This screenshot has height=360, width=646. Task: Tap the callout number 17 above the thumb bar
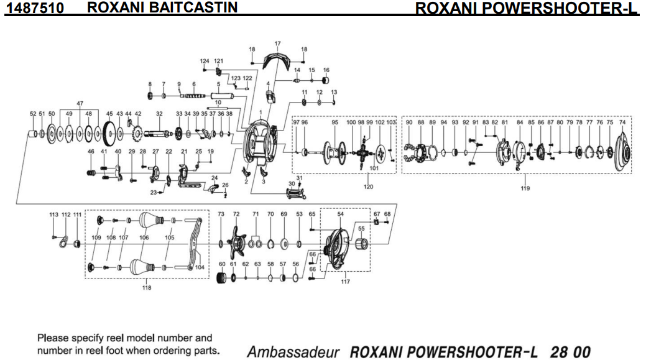tap(277, 44)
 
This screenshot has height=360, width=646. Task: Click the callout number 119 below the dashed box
tap(525, 188)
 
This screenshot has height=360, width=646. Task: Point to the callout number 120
tap(369, 187)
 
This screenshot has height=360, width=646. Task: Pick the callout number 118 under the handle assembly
tap(147, 287)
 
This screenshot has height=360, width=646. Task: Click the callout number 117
tap(345, 282)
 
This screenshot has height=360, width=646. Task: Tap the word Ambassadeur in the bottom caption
tap(293, 352)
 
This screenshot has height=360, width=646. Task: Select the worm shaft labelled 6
tap(193, 96)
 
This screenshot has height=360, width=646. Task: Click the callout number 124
tap(205, 61)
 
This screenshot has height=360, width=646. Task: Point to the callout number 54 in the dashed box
tap(340, 214)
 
